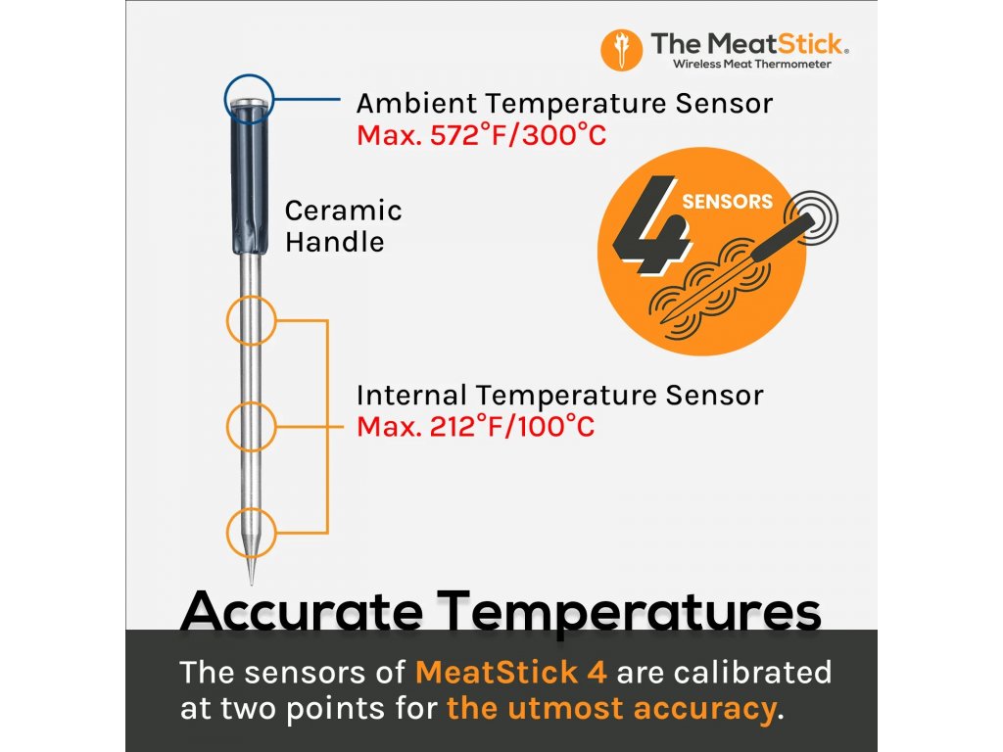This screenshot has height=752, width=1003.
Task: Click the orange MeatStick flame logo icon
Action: pos(621,50)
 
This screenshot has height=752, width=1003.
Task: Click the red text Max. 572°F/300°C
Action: pos(481,135)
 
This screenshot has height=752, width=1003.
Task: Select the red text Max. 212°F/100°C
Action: pos(475,427)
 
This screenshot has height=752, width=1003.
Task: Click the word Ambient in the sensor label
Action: pos(416,103)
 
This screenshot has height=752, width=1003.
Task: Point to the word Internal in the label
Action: pos(411,396)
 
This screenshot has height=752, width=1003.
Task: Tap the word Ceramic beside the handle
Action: pos(344,211)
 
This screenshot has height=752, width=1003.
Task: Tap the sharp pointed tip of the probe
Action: pos(251,584)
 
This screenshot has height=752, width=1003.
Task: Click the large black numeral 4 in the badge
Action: pos(650,224)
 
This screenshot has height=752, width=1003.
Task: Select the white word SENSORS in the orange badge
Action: pos(728,202)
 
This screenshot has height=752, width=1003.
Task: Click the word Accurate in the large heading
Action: pos(302,611)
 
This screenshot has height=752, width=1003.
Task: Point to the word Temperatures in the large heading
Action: pos(629,612)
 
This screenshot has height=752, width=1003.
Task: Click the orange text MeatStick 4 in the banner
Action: pos(511,673)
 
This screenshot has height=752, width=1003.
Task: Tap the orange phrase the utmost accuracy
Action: pos(611,709)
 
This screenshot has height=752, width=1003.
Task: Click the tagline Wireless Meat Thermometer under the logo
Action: pos(751,64)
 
